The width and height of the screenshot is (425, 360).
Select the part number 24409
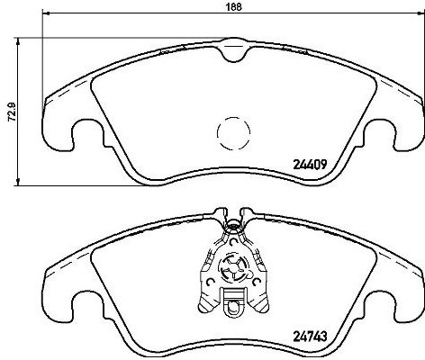point(312,165)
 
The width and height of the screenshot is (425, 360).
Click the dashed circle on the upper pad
point(233,135)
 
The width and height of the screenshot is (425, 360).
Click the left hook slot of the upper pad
point(87,138)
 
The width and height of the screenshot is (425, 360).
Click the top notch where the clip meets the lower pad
point(233,217)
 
